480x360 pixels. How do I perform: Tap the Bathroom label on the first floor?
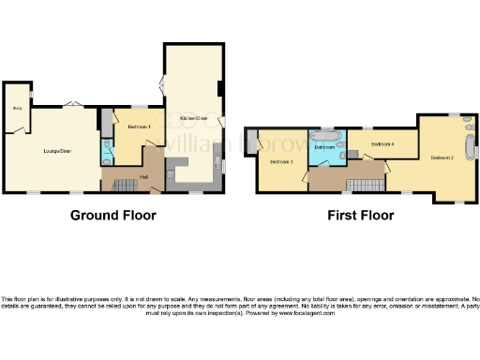[x=324, y=148]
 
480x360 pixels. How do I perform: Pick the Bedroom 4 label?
[x=382, y=144]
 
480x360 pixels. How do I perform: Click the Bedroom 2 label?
[x=442, y=157]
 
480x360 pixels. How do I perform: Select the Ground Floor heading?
[x=113, y=215]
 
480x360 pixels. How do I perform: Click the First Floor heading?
[x=360, y=215]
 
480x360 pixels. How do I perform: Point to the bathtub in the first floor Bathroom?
[x=328, y=133]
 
